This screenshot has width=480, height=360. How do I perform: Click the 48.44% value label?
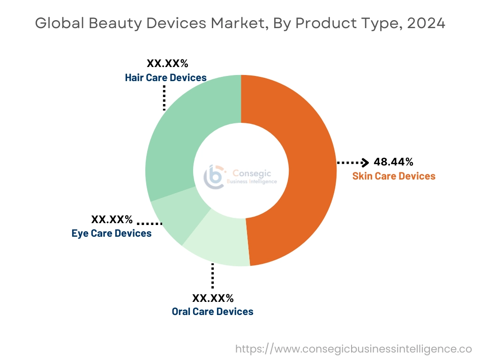pyautogui.click(x=393, y=162)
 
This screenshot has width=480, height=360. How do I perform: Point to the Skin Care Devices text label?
pyautogui.click(x=394, y=176)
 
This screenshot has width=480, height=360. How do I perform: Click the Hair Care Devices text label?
pyautogui.click(x=165, y=77)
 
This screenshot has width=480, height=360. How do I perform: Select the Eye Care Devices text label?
pyautogui.click(x=112, y=233)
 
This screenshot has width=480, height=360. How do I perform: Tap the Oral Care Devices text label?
pyautogui.click(x=212, y=311)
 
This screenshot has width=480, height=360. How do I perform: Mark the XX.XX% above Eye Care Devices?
pyautogui.click(x=112, y=219)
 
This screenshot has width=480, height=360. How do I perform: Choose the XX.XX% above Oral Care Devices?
pyautogui.click(x=212, y=298)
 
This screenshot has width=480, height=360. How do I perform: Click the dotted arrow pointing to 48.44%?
pyautogui.click(x=353, y=162)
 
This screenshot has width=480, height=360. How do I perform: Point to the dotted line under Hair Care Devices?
pyautogui.click(x=164, y=97)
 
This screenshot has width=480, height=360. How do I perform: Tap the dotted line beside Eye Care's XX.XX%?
pyautogui.click(x=150, y=223)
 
